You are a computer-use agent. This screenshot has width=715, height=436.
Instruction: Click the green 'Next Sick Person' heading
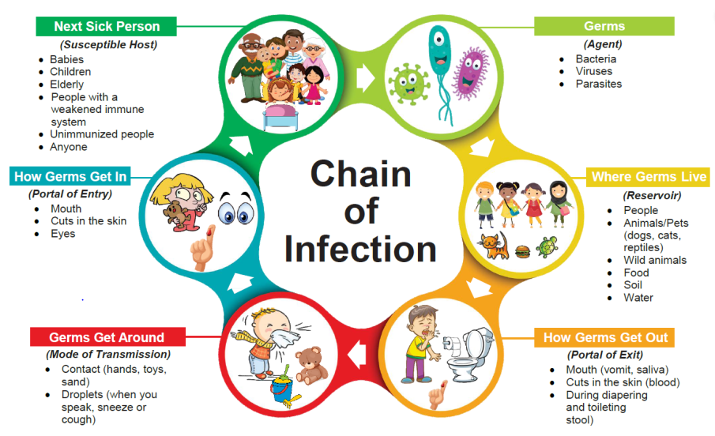click(106, 26)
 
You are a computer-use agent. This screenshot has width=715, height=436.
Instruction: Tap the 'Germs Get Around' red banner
click(107, 337)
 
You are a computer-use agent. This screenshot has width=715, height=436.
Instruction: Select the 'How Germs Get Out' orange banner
click(604, 337)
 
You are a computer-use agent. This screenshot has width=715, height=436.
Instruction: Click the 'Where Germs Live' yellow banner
click(648, 176)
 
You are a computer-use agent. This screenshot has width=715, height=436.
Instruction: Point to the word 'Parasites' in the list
click(599, 84)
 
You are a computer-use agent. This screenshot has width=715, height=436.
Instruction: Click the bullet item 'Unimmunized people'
click(102, 134)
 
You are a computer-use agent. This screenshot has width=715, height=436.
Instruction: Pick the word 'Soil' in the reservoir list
click(633, 285)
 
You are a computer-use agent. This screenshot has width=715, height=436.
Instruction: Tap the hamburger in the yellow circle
click(522, 252)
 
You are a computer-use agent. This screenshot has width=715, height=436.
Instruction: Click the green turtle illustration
click(548, 246)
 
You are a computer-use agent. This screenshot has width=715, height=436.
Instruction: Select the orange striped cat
click(494, 246)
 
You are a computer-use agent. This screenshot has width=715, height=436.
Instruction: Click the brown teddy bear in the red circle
click(311, 366)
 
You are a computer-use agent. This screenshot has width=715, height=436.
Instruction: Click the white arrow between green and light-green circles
click(365, 78)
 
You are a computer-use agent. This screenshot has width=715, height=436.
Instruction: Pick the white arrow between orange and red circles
click(357, 355)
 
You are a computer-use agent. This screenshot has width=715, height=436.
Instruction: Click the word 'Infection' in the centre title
click(360, 249)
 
